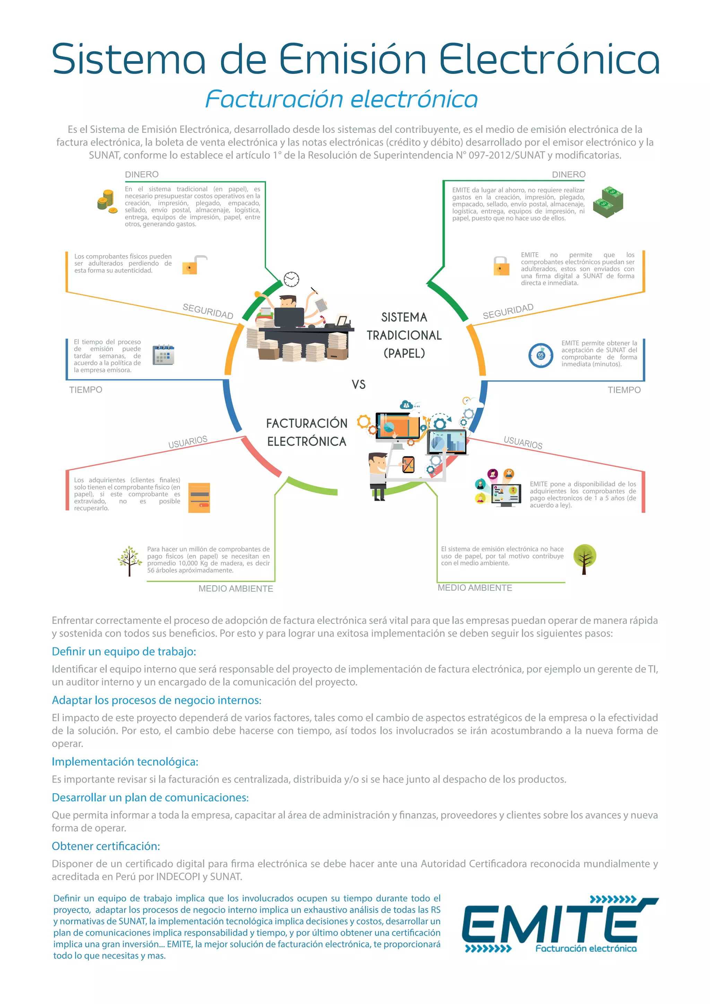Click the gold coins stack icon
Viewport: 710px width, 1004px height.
coord(105,201)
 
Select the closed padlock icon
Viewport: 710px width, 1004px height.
coord(501,266)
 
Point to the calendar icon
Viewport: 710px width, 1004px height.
coord(163,355)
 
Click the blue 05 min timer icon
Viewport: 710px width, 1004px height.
coord(541,355)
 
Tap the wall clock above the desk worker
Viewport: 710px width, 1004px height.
coord(291,279)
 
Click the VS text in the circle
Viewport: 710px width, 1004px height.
coord(358,384)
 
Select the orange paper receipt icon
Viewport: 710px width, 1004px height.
coord(199,497)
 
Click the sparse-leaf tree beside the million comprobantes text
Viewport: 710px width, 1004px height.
coord(129,561)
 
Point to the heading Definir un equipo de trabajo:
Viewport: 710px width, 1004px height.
coord(124,651)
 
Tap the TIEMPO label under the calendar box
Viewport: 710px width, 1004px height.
coord(86,390)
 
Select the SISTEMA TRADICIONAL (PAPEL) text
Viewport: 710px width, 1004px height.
coord(404,335)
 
